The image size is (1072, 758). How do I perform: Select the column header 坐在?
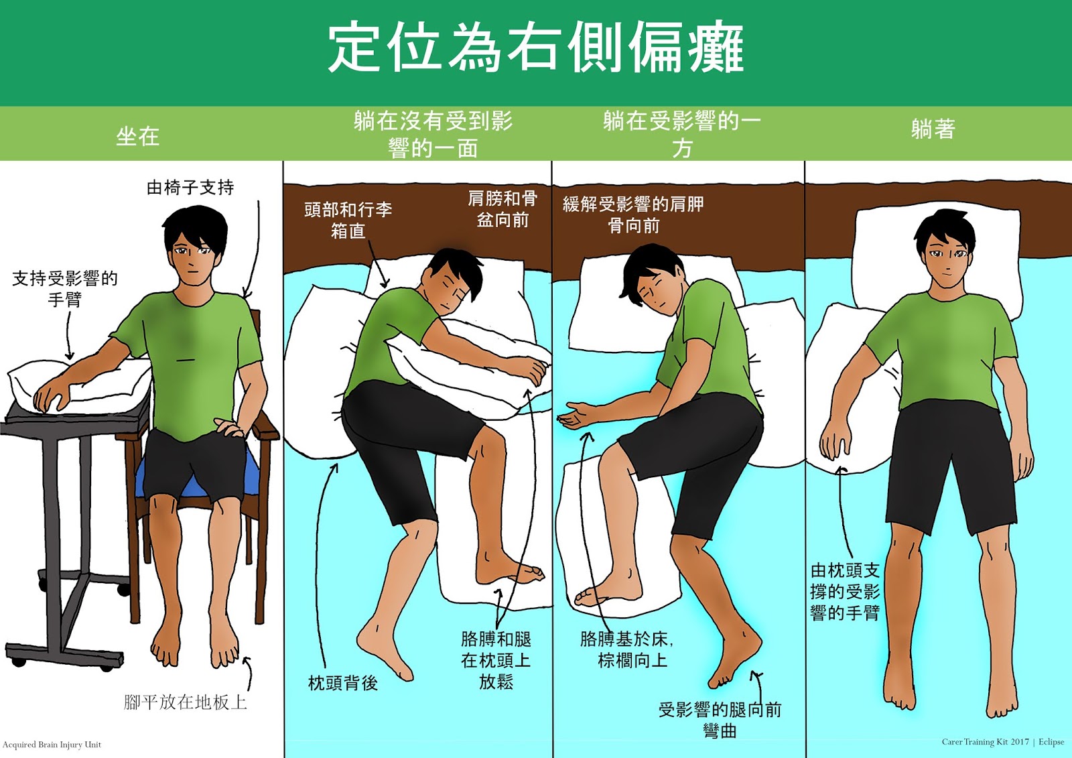(x=137, y=137)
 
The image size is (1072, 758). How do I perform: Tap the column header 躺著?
(x=933, y=129)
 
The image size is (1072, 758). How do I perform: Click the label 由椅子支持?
(x=190, y=187)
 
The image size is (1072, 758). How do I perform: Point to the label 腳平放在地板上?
(x=185, y=702)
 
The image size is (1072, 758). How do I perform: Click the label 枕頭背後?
(x=342, y=683)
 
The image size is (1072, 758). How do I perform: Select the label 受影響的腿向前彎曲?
(x=720, y=720)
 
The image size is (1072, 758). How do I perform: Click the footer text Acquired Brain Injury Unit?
(x=52, y=744)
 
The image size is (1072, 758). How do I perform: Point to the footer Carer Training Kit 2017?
(x=986, y=742)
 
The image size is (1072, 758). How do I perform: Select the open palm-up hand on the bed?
(x=576, y=414)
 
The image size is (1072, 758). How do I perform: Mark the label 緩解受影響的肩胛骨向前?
(x=633, y=214)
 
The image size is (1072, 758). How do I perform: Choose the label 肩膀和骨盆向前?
(x=503, y=208)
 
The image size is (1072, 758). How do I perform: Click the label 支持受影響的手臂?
(x=64, y=288)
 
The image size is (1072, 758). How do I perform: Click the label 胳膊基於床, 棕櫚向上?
(x=627, y=649)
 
